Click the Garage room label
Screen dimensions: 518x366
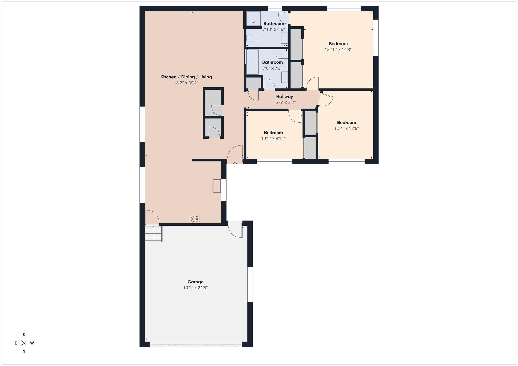point(196,282)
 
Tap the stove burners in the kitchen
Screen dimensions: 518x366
point(195,219)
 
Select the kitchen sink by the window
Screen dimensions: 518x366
point(217,186)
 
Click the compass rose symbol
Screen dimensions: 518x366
point(24,343)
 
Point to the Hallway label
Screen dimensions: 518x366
point(284,97)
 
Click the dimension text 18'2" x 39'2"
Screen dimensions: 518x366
point(186,83)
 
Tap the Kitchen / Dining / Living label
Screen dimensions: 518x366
point(186,77)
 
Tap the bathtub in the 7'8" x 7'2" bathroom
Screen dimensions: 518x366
point(252,62)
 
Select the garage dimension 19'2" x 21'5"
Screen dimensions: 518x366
point(196,288)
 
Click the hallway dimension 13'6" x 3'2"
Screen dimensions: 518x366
point(284,102)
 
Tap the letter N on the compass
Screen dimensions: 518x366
point(24,351)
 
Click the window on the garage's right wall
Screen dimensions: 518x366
point(250,284)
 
